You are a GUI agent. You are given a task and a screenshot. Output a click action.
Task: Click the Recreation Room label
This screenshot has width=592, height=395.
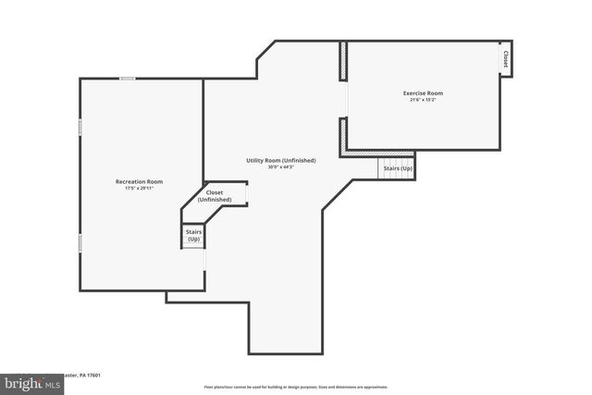click(x=139, y=181)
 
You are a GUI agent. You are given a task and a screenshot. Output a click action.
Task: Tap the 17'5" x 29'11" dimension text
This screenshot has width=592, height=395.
click(x=139, y=189)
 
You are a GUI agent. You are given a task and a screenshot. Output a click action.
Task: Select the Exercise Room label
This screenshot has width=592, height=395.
click(x=423, y=93)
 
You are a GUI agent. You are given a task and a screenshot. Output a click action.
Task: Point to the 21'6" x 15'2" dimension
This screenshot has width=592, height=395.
click(x=423, y=100)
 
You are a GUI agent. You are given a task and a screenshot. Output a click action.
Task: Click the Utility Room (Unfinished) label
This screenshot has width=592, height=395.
click(x=280, y=160)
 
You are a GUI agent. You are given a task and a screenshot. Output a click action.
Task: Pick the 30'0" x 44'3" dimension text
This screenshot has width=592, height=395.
click(x=279, y=167)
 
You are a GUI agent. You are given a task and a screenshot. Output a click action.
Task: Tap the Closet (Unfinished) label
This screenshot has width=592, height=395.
click(x=215, y=196)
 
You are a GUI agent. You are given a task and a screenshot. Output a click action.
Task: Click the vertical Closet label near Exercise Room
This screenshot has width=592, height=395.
click(x=505, y=59)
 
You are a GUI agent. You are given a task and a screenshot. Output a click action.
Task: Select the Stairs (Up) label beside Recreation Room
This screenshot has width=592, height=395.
click(x=193, y=235)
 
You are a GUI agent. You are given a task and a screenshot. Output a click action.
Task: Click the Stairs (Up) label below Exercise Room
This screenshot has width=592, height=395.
click(x=398, y=169)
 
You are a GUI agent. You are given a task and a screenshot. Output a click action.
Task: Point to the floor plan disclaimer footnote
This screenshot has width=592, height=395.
click(x=296, y=387)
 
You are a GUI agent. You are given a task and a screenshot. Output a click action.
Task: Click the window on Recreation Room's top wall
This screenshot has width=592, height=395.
click(x=128, y=79)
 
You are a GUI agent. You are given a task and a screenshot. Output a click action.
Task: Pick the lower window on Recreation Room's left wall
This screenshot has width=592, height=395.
click(x=80, y=242)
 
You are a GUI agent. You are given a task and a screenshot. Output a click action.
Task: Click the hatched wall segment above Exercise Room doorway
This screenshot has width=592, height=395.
click(x=342, y=61)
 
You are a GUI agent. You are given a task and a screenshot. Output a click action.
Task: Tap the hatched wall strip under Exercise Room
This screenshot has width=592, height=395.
click(x=378, y=153)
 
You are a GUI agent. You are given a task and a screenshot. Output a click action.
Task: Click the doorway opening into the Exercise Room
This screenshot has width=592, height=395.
click(x=345, y=100)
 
